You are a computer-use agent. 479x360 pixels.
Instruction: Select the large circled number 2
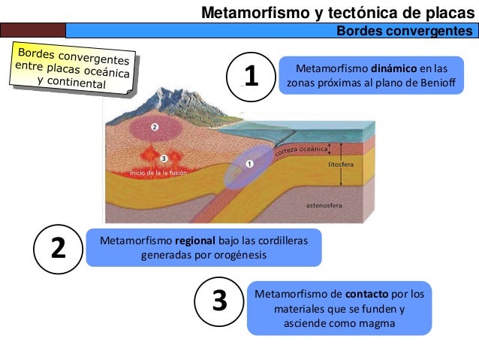click(58, 247)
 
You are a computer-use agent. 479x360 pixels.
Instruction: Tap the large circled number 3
click(218, 301)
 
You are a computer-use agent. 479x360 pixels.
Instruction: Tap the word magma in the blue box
click(377, 323)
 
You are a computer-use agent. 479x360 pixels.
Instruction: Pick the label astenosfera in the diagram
click(324, 204)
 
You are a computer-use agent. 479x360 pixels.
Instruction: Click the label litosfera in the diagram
click(344, 162)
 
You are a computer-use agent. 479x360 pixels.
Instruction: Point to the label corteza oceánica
click(301, 151)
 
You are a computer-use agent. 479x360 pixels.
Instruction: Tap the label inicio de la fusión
click(157, 172)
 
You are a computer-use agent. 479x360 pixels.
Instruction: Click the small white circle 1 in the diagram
click(249, 163)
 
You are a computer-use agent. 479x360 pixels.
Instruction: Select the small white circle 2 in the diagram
click(154, 128)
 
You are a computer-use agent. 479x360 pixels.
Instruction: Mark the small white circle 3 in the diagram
click(164, 158)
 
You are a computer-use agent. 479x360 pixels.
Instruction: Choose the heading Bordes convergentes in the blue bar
click(404, 30)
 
